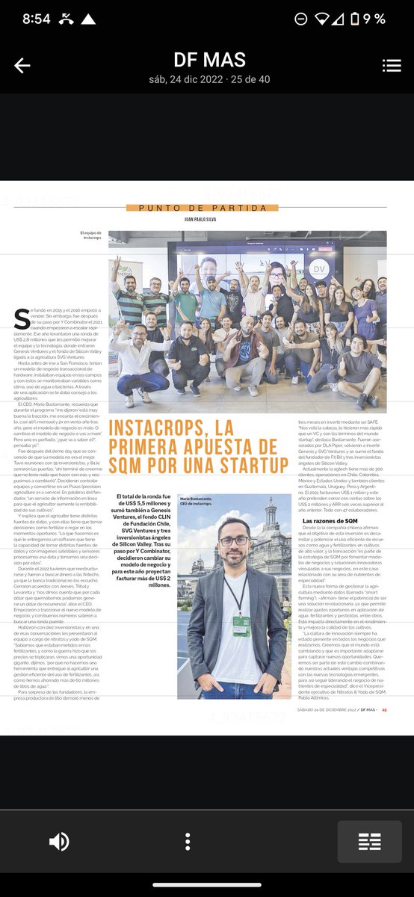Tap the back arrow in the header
(22, 66)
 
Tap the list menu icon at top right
(392, 66)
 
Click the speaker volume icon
(59, 842)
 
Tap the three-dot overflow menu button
(188, 842)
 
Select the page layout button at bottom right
(369, 842)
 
